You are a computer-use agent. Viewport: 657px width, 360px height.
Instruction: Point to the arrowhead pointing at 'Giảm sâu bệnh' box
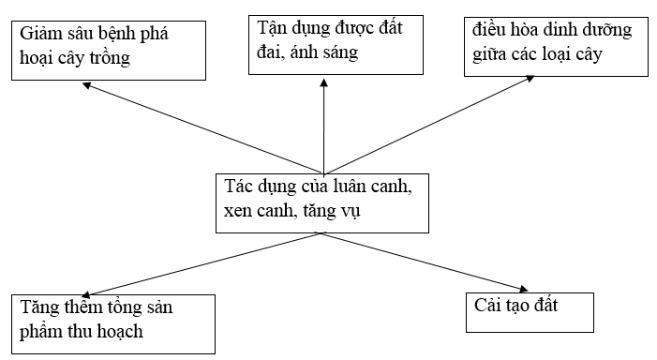[88, 86]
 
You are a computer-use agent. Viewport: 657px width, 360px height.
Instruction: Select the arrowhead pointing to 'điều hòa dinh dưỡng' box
[556, 85]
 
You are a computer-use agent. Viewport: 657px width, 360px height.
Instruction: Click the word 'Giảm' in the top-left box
[43, 35]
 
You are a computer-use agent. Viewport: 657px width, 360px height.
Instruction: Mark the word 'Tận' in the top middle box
[273, 27]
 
